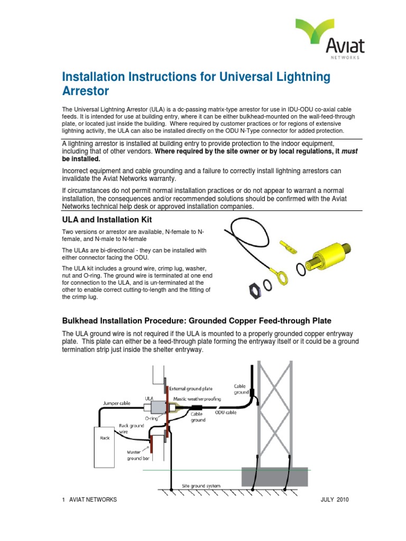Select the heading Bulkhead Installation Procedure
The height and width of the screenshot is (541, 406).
pyautogui.click(x=197, y=321)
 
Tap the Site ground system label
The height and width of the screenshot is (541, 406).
pyautogui.click(x=201, y=486)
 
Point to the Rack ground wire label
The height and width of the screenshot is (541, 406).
pyautogui.click(x=130, y=428)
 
